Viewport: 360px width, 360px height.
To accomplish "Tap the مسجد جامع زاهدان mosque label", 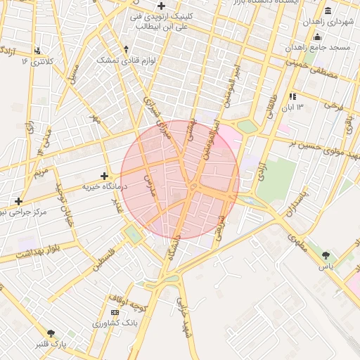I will (x=318, y=47).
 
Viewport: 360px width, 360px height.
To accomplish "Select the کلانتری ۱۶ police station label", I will (x=37, y=62).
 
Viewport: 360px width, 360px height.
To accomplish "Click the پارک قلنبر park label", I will (x=51, y=345).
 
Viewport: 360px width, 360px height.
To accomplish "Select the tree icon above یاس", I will (x=326, y=255).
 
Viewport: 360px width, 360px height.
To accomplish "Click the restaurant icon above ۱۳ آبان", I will (x=292, y=96).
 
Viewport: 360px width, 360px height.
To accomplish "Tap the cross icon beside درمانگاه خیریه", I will (x=105, y=176).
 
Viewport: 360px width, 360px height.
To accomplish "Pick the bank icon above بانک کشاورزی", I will (x=115, y=312).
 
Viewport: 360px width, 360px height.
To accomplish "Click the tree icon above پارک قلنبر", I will (x=51, y=333).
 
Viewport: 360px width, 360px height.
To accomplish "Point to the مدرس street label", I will (x=148, y=185).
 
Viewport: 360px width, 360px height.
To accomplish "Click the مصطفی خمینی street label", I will (x=309, y=67).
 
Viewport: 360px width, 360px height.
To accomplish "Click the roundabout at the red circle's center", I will (x=192, y=186).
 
